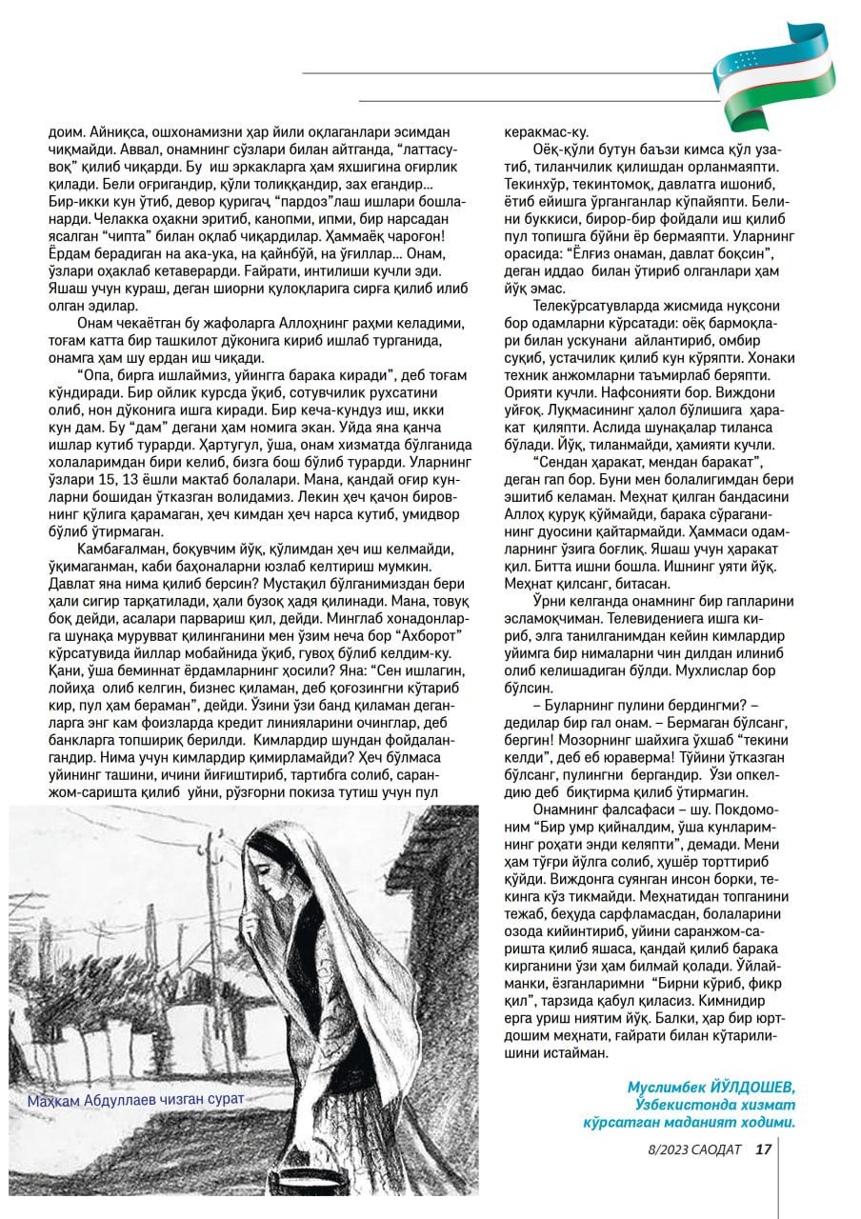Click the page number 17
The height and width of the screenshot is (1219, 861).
pyautogui.click(x=763, y=1149)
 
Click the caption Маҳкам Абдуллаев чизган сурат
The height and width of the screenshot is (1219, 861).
pyautogui.click(x=136, y=1098)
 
